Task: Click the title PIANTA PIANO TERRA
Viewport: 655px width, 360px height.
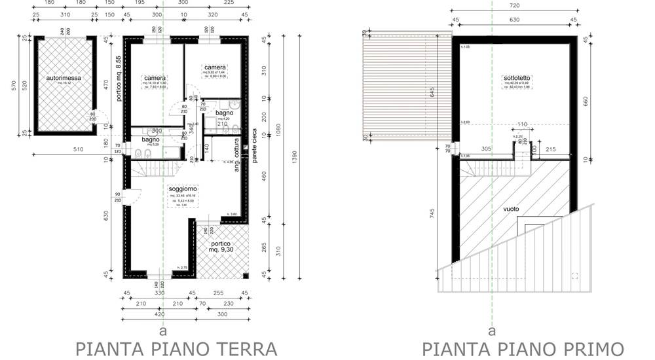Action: [176, 348]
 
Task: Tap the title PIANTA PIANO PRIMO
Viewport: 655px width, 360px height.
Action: [523, 348]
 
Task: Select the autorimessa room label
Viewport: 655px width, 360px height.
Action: [64, 78]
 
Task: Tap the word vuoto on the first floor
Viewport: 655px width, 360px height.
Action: [511, 209]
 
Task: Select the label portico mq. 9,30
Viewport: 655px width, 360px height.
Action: [225, 247]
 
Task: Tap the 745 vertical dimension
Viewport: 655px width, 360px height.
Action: [450, 219]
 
